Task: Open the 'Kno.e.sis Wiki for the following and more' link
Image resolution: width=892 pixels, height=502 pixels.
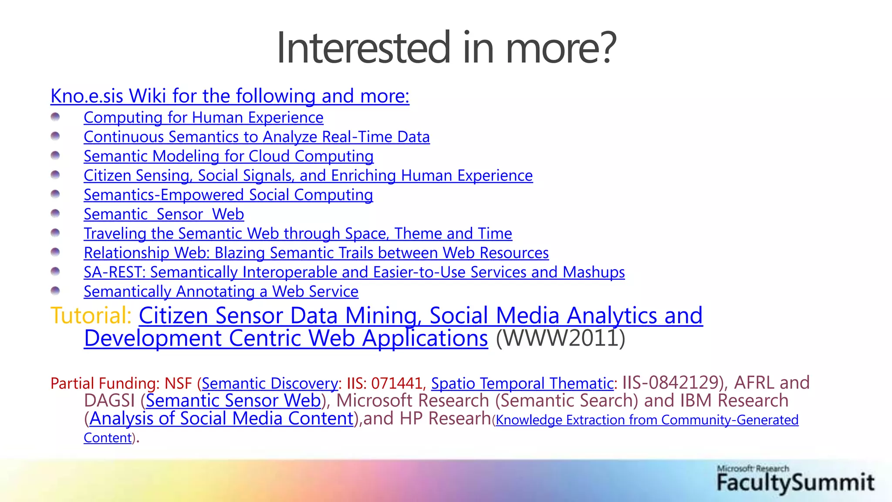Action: [x=230, y=96]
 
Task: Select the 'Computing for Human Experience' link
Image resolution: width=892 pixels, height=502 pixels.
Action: [x=203, y=118]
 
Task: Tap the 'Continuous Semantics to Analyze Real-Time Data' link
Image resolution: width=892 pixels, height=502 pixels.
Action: [x=257, y=137]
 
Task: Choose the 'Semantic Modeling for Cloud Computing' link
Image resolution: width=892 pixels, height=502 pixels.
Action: [x=229, y=156]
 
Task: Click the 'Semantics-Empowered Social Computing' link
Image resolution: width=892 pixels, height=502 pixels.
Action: [x=228, y=195]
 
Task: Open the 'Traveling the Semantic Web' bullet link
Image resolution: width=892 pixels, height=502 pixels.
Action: [x=298, y=234]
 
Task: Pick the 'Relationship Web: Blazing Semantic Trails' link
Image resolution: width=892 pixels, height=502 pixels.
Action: [x=316, y=253]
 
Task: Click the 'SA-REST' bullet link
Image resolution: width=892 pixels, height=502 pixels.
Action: [x=354, y=272]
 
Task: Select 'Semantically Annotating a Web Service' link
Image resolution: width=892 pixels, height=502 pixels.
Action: [x=221, y=292]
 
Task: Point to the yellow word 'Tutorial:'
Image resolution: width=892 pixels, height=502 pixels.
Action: [x=91, y=315]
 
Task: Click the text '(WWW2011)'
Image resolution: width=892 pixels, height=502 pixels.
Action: [x=561, y=338]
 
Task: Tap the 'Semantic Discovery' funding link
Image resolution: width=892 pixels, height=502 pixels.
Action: [x=270, y=383]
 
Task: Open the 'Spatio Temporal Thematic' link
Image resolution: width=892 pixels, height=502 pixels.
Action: [x=522, y=383]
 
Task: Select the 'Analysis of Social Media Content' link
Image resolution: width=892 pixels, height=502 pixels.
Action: [x=221, y=418]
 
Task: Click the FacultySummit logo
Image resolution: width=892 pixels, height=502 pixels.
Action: [x=795, y=479]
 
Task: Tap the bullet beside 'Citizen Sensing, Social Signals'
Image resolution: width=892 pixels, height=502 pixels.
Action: [x=55, y=175]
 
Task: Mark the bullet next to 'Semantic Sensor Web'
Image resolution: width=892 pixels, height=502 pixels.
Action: [x=55, y=214]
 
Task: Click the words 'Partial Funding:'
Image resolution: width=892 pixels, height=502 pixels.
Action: [x=105, y=383]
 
